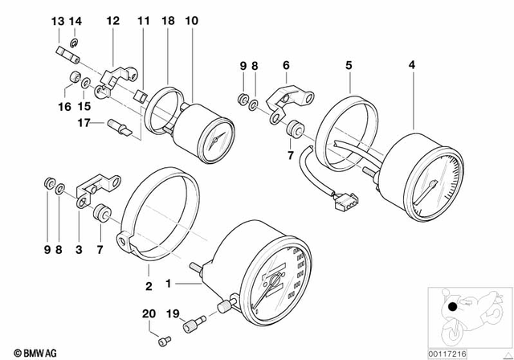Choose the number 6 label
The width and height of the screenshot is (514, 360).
pos(284,63)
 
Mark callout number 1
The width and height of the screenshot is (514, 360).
pos(169,284)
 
